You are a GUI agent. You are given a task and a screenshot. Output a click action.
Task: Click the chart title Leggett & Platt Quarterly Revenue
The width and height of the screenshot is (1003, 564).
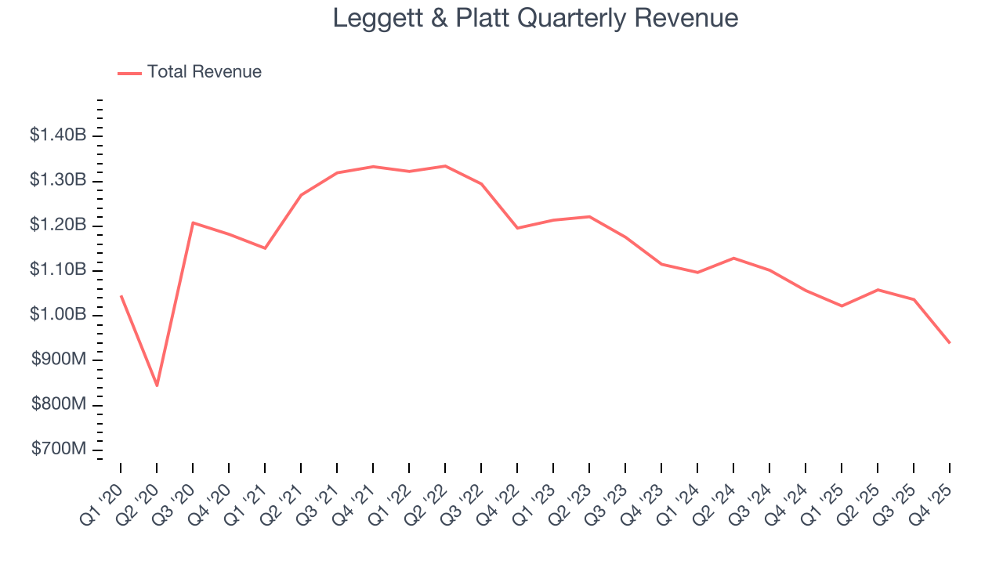535,18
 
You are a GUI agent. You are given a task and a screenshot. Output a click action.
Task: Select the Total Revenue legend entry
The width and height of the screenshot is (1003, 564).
190,72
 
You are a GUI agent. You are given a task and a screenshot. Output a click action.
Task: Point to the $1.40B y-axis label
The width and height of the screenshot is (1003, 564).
58,136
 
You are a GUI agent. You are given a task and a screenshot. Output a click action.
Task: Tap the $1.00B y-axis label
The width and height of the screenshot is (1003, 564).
58,315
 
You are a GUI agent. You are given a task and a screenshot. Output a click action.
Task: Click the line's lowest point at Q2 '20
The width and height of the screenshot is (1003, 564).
157,385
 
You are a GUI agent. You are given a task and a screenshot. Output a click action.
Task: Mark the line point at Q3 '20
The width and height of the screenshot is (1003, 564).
193,222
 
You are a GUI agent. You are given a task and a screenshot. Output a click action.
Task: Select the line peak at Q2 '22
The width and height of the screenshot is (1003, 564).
445,166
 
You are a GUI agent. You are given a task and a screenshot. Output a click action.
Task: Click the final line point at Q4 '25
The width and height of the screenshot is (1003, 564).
950,342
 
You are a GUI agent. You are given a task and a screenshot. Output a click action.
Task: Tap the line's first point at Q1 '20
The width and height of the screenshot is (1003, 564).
121,296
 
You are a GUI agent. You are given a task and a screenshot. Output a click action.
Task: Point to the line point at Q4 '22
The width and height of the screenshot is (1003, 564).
517,228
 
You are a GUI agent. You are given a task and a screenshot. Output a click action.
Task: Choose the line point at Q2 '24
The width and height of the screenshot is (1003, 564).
733,258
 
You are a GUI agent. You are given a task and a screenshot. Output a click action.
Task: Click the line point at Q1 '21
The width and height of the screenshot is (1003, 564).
265,248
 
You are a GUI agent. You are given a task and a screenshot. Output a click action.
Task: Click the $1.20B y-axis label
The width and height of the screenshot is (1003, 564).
58,226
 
